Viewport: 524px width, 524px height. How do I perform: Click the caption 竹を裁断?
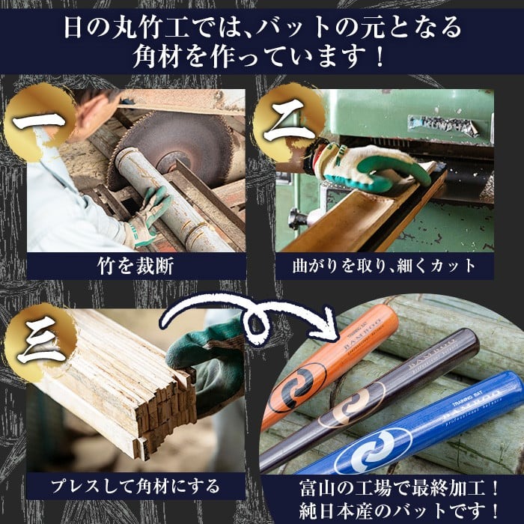tap(135, 266)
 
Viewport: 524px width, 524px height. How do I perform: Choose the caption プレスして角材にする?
tap(135, 487)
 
